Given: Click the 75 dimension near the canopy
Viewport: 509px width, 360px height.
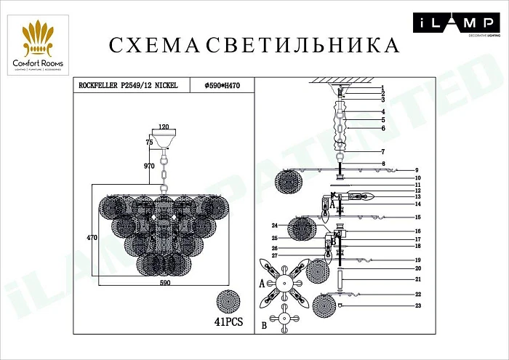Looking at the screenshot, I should tap(149, 143).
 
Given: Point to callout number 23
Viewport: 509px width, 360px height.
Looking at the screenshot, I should tap(419, 306).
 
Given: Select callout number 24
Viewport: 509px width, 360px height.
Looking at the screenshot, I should tap(276, 225).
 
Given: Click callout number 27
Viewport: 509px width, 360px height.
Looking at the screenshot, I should tap(276, 255).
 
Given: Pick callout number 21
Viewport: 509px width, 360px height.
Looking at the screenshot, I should tap(419, 279).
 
